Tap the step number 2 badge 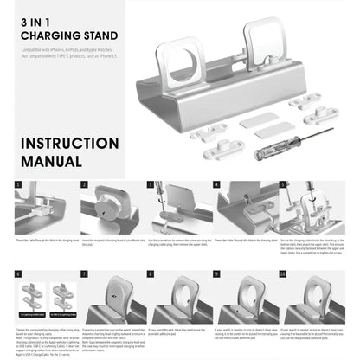point(85,184)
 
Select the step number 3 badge point(152,184)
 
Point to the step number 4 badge point(219,184)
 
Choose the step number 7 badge point(85,273)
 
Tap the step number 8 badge point(152,273)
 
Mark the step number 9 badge point(219,273)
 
